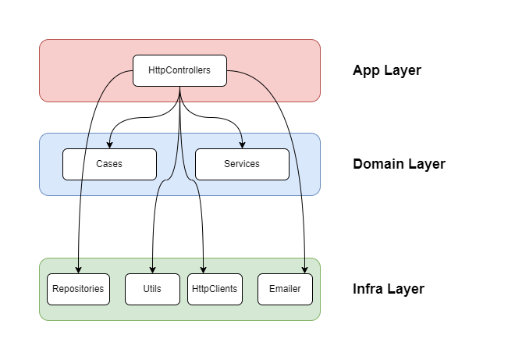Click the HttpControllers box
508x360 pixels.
[x=179, y=70]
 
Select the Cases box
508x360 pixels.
[x=109, y=164]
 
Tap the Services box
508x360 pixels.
[x=242, y=164]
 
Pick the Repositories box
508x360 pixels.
[x=78, y=289]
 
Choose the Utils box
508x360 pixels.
[x=152, y=289]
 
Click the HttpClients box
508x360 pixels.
[x=215, y=289]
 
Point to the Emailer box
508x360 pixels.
[x=285, y=289]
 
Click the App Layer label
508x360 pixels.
[x=386, y=70]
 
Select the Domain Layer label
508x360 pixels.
[x=399, y=164]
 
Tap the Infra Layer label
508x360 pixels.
[x=388, y=289]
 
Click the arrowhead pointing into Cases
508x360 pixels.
[x=109, y=144]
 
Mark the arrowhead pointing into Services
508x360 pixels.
[x=242, y=144]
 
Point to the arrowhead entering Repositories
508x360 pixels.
[x=78, y=269]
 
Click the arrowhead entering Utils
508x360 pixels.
[x=152, y=269]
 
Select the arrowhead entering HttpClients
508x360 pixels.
[x=204, y=269]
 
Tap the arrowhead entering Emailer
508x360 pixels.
[x=304, y=269]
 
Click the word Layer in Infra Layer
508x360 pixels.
[x=406, y=289]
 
